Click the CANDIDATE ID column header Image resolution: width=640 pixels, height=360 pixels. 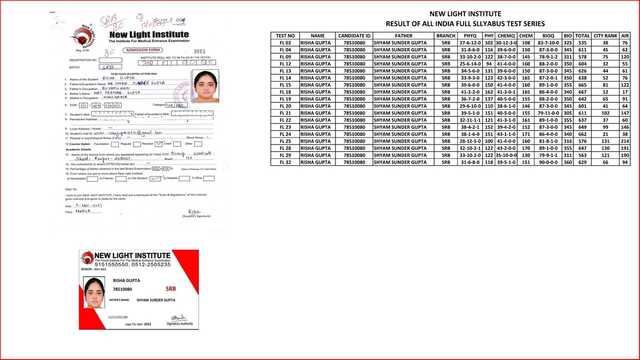point(354,36)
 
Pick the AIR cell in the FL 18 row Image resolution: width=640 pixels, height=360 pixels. point(625,92)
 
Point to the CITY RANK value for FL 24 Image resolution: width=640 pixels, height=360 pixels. point(605,134)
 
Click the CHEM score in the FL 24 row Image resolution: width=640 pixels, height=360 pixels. point(526,134)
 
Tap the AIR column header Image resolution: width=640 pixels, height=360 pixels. point(625,36)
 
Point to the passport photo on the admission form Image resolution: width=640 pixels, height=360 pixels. point(205,87)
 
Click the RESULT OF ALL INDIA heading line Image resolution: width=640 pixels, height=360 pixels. point(465,24)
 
